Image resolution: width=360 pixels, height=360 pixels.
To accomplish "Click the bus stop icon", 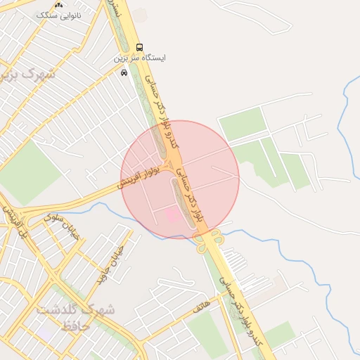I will [139, 47].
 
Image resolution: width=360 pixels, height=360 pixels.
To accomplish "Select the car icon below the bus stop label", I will [124, 72].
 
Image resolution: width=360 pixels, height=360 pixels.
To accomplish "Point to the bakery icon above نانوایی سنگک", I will [59, 4].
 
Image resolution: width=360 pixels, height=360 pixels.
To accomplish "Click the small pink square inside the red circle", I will [172, 214].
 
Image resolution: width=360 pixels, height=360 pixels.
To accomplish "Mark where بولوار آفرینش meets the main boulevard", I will [169, 167].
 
